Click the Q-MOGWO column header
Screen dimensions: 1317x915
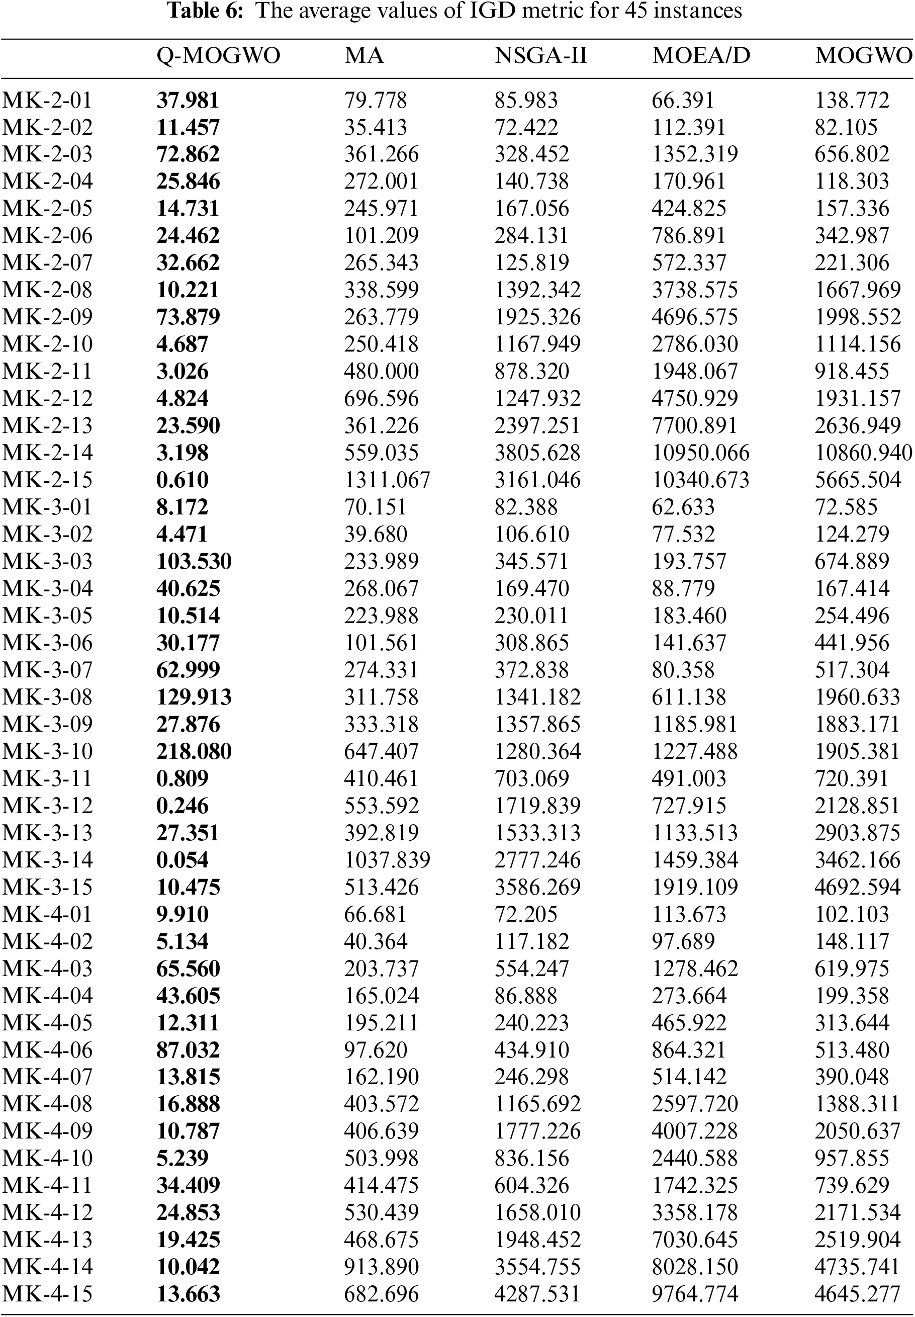218,56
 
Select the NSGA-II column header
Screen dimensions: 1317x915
540,56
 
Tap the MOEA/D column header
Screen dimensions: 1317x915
701,56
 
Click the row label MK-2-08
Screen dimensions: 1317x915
48,290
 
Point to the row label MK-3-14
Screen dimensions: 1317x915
48,860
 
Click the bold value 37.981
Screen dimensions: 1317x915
188,101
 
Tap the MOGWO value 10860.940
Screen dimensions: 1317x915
863,453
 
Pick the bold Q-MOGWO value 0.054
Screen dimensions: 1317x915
182,860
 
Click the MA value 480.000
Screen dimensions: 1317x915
381,372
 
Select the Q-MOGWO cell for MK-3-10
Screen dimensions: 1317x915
194,752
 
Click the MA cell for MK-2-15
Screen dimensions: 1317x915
387,480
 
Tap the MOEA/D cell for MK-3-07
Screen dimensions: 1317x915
683,670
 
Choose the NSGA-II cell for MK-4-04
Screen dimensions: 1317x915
526,996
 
